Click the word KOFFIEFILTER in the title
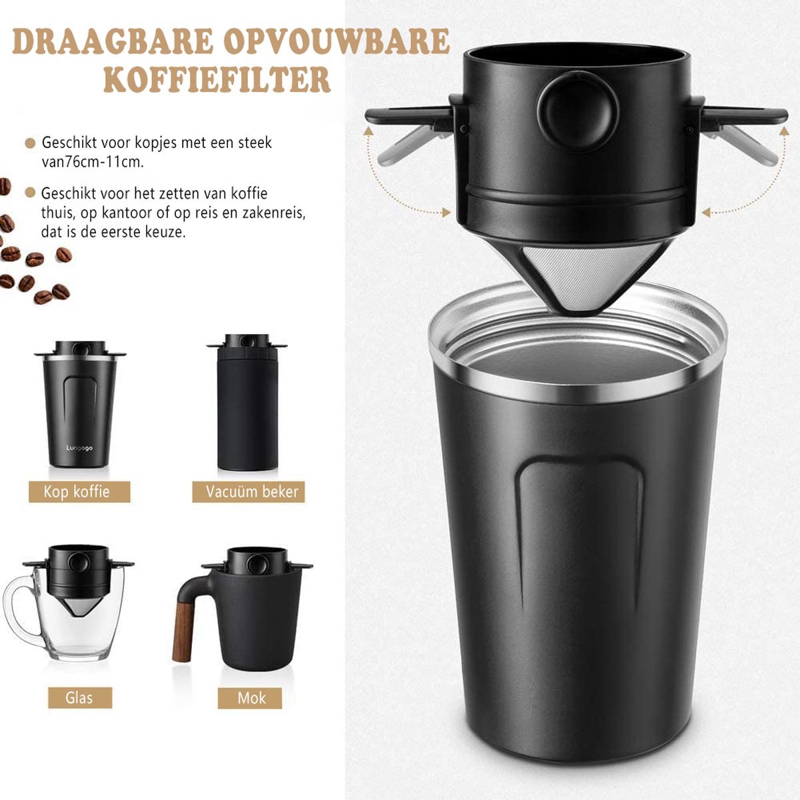tap(217, 79)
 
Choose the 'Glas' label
tap(79, 698)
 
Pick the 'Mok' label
tap(251, 698)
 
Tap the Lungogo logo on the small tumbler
tap(79, 448)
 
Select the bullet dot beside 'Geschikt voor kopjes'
tap(29, 143)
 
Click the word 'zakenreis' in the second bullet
tap(275, 213)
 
